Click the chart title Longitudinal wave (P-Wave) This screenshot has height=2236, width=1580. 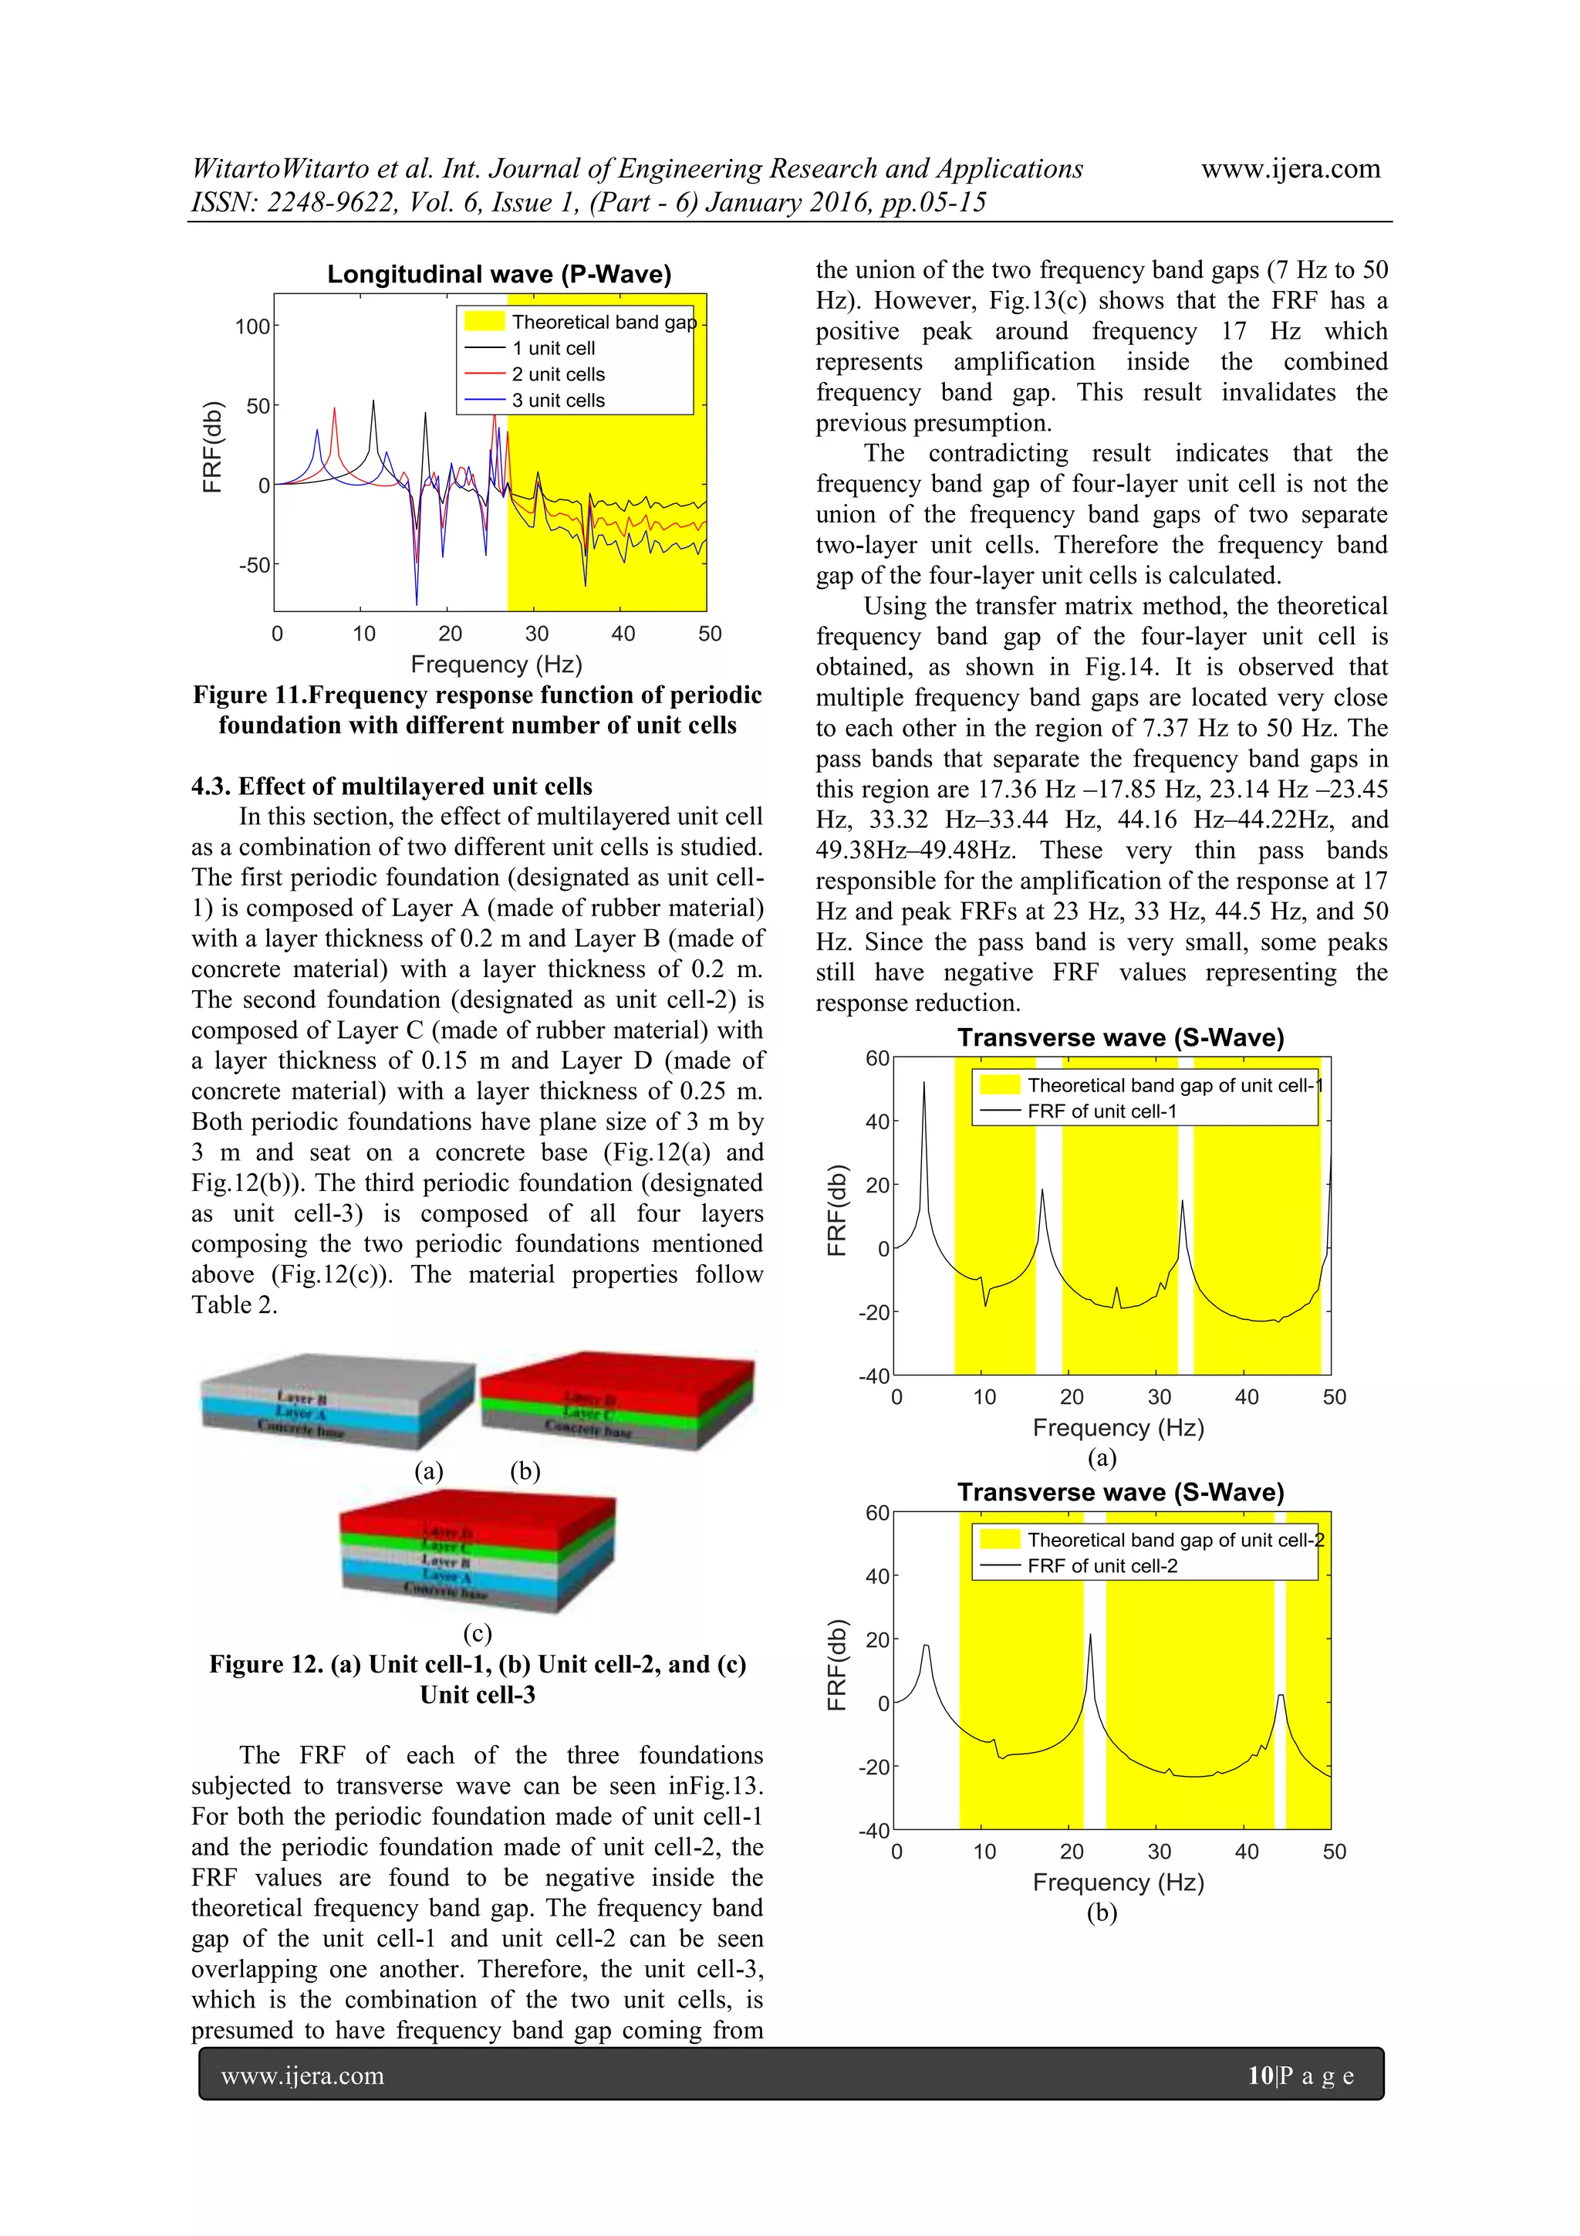[498, 275]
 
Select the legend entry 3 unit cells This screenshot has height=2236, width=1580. [558, 401]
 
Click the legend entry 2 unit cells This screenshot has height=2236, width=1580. [558, 374]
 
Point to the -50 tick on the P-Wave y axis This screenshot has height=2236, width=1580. [255, 565]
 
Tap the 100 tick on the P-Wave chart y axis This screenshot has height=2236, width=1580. [252, 326]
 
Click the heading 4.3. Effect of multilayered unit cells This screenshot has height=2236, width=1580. [391, 786]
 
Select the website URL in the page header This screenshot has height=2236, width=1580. [1290, 168]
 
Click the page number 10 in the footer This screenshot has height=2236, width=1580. [1260, 2075]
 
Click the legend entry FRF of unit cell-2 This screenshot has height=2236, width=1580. [1102, 1566]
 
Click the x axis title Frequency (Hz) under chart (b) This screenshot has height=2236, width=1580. [1118, 1883]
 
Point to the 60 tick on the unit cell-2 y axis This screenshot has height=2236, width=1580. [876, 1513]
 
